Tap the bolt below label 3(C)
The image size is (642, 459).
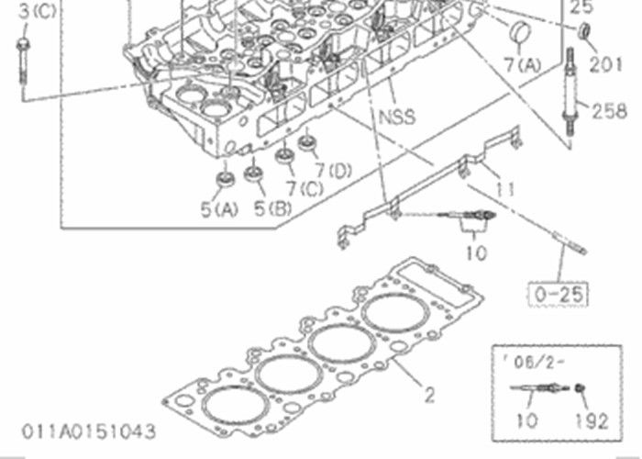pyautogui.click(x=22, y=61)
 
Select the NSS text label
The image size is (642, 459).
pyautogui.click(x=396, y=117)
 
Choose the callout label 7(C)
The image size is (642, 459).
pyautogui.click(x=304, y=188)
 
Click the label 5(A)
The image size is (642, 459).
pyautogui.click(x=220, y=208)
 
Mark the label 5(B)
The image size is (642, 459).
pyautogui.click(x=273, y=208)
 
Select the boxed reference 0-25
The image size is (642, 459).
pyautogui.click(x=559, y=294)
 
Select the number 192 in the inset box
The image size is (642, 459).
pyautogui.click(x=592, y=421)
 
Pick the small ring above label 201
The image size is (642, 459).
pyautogui.click(x=584, y=34)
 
